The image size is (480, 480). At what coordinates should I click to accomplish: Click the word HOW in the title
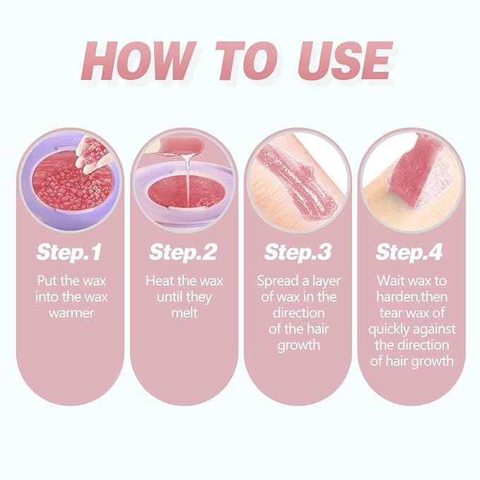click(139, 61)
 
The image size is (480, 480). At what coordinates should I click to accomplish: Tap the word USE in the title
click(345, 61)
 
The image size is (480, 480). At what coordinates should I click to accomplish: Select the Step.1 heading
click(69, 252)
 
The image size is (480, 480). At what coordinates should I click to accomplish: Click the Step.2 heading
click(183, 252)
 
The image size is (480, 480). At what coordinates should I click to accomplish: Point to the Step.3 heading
click(298, 252)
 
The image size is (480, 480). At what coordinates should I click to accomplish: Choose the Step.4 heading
click(409, 252)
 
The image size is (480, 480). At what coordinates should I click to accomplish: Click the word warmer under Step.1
click(71, 313)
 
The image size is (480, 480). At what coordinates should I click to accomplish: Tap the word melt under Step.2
click(185, 313)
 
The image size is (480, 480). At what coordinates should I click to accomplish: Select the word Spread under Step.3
click(278, 281)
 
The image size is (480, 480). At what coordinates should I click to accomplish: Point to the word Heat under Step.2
click(158, 281)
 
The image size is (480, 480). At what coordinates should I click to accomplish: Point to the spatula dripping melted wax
click(181, 146)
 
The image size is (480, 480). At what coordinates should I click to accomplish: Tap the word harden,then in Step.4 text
click(411, 297)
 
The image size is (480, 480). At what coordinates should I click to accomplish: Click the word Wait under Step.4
click(391, 281)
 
